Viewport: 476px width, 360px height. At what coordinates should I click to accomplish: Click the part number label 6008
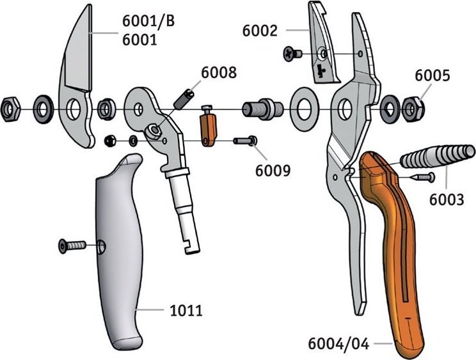[x=218, y=73]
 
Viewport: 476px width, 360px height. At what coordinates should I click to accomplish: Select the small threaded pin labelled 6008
[x=185, y=99]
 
